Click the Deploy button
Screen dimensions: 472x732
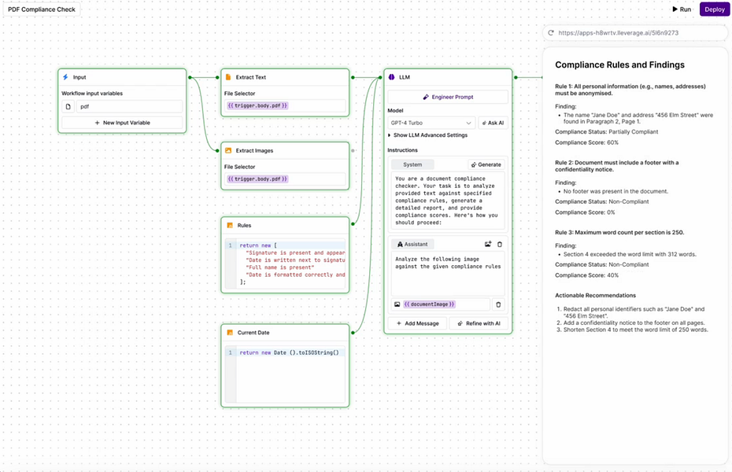(715, 9)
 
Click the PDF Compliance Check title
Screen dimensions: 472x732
(42, 9)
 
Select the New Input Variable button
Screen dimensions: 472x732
(122, 123)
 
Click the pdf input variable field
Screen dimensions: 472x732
(129, 106)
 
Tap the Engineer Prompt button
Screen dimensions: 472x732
(448, 97)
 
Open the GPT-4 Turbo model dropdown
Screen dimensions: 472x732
(431, 123)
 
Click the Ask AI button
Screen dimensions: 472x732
(492, 123)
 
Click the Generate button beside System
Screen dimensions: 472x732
(486, 164)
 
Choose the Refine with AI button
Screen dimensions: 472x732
(480, 323)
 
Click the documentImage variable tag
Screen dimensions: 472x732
(430, 304)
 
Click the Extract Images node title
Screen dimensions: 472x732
(255, 150)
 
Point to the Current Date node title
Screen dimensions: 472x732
(253, 333)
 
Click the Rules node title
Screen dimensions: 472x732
(244, 226)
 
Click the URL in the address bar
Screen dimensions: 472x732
(618, 33)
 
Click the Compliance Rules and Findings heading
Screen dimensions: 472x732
(619, 65)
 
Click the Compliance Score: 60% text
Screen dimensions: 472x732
(586, 142)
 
